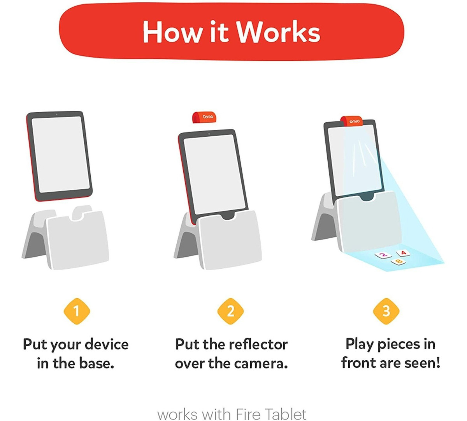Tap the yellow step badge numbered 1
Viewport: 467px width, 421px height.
[77, 311]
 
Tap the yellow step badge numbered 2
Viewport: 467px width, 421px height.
[231, 311]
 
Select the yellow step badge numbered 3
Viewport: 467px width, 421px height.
[386, 311]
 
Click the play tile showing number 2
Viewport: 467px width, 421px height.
[384, 255]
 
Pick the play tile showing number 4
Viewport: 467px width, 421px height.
[403, 253]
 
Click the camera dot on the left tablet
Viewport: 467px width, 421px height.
[57, 114]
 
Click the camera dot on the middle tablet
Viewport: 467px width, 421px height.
[209, 134]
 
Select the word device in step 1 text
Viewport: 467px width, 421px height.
[106, 344]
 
